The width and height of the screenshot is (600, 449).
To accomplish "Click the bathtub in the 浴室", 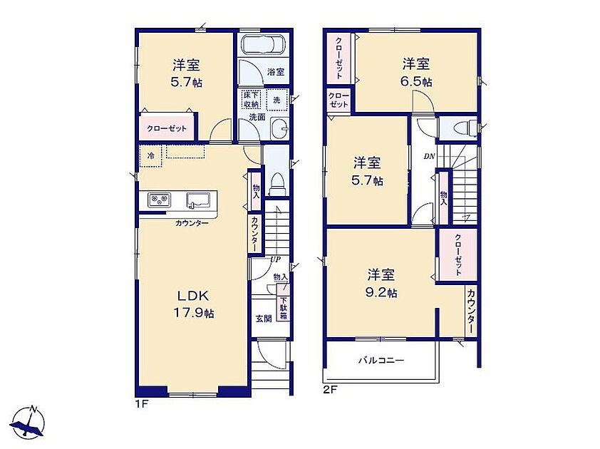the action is pyautogui.click(x=263, y=44).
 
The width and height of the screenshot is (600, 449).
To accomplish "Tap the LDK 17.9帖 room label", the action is pyautogui.click(x=194, y=304).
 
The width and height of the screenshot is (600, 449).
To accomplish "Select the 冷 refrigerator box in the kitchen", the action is pyautogui.click(x=151, y=156).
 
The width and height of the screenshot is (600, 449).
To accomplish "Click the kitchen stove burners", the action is pyautogui.click(x=160, y=200).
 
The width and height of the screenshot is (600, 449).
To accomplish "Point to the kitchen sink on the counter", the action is pyautogui.click(x=198, y=200).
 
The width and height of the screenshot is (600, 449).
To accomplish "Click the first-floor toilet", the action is pyautogui.click(x=276, y=183).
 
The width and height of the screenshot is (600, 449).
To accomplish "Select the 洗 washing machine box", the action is pyautogui.click(x=276, y=100).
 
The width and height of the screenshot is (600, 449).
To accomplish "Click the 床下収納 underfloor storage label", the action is pyautogui.click(x=251, y=99).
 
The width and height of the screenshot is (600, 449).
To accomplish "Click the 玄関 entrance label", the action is pyautogui.click(x=264, y=319).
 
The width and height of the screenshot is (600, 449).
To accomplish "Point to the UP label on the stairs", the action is pyautogui.click(x=276, y=259).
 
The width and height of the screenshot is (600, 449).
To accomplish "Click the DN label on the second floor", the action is pyautogui.click(x=429, y=156).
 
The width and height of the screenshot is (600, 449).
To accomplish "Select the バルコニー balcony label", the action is pyautogui.click(x=381, y=360).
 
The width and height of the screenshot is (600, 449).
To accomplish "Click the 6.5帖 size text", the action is pyautogui.click(x=416, y=82).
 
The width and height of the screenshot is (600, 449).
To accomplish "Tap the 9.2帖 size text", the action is pyautogui.click(x=381, y=293).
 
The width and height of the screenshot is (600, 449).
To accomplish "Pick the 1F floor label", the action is pyautogui.click(x=141, y=403).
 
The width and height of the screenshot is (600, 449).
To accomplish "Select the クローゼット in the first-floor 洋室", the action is pyautogui.click(x=167, y=128).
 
